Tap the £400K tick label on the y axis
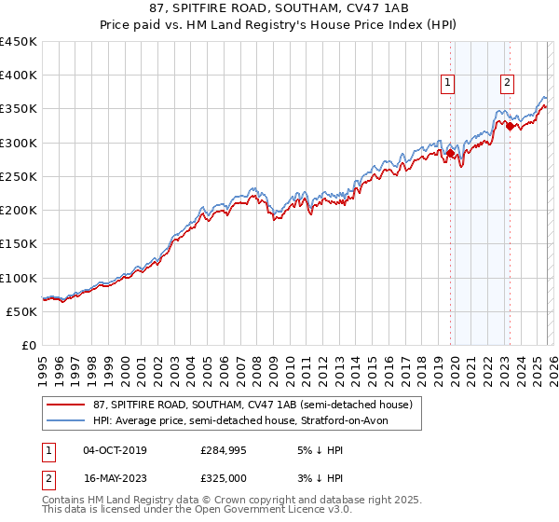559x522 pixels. (x=19, y=76)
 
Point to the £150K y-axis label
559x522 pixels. (x=19, y=243)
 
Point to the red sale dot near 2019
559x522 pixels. (x=451, y=153)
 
